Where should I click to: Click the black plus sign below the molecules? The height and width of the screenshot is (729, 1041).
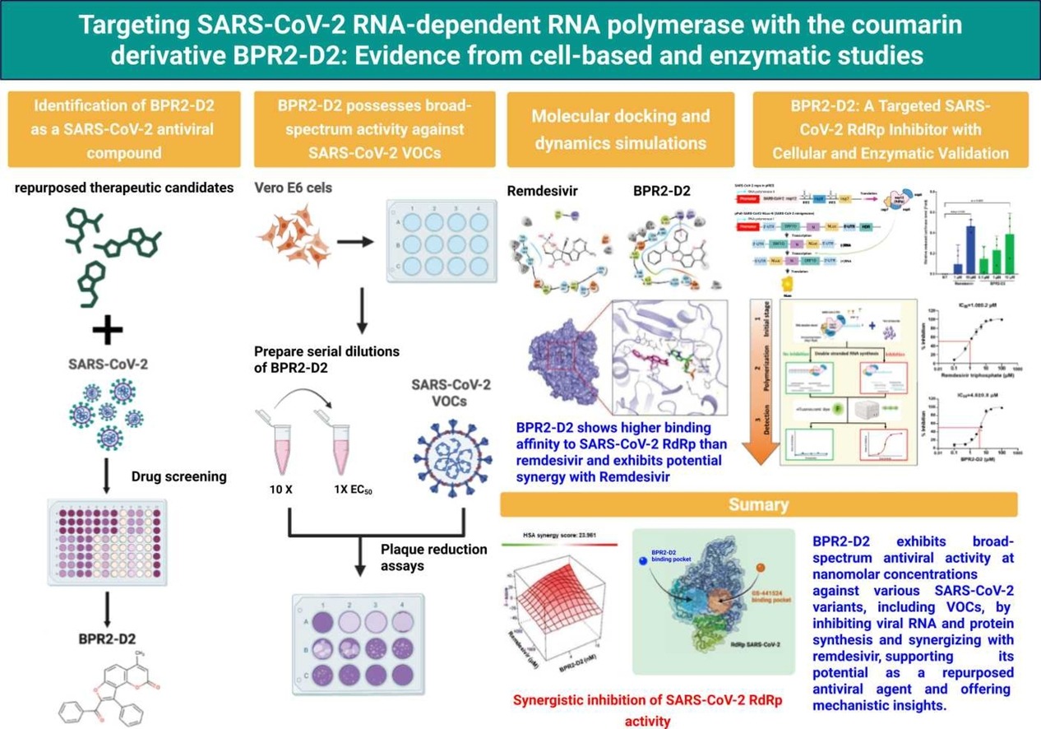tap(107, 331)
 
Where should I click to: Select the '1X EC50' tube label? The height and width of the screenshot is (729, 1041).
tap(350, 490)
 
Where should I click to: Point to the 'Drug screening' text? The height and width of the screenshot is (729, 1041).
tap(178, 476)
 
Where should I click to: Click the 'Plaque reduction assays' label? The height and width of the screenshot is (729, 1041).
tap(433, 557)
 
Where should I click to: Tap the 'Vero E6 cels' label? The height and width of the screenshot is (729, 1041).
tap(294, 188)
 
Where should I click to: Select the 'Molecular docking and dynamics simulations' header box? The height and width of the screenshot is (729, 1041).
tap(620, 128)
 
